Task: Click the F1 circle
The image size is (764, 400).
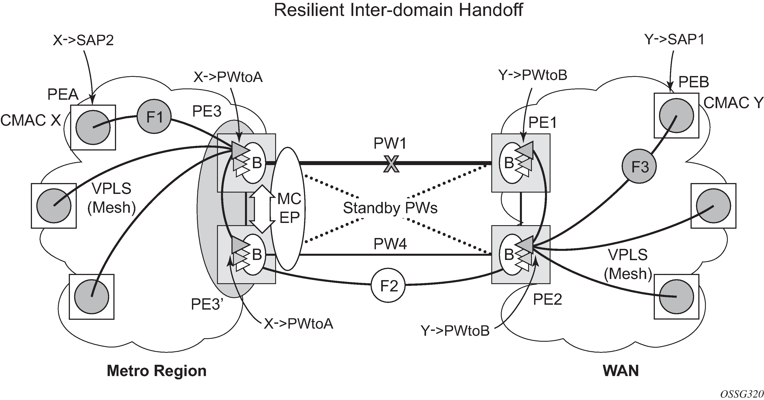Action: (x=154, y=117)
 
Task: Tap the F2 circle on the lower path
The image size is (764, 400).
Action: (x=388, y=286)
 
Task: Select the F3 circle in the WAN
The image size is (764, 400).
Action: (x=639, y=166)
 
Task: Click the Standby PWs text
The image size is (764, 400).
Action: (x=390, y=208)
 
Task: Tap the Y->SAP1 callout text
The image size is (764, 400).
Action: (x=674, y=39)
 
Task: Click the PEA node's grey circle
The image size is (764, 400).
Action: (x=93, y=127)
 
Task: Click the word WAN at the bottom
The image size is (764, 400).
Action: (x=621, y=371)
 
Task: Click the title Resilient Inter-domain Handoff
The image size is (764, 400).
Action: (x=398, y=10)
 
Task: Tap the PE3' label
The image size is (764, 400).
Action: (x=207, y=304)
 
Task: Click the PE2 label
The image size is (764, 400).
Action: (x=547, y=300)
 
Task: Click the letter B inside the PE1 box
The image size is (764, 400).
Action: (x=509, y=163)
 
